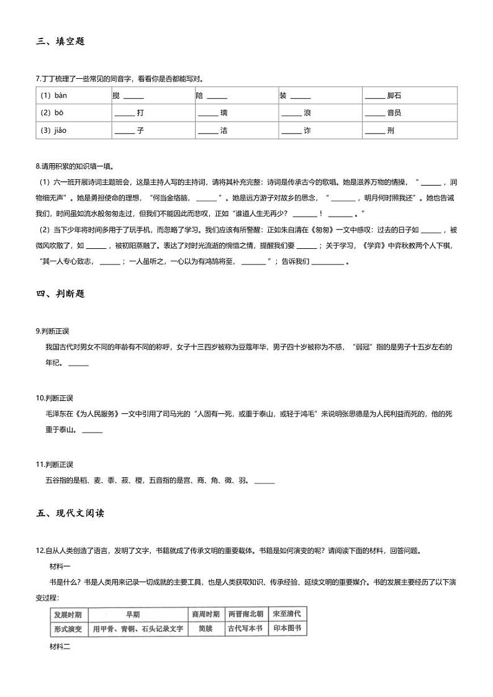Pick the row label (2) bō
tap(52, 113)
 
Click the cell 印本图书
tap(287, 629)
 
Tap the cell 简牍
tap(206, 629)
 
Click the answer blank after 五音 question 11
tap(265, 482)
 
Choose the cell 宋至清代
tap(287, 614)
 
